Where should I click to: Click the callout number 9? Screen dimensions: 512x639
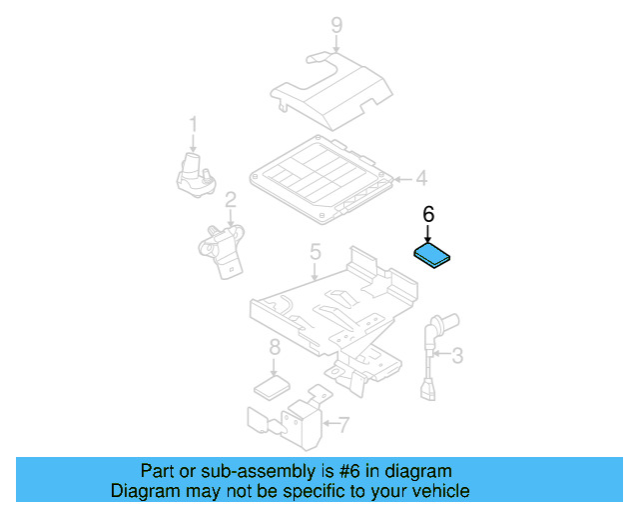[336, 25]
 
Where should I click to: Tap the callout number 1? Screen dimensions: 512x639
[194, 125]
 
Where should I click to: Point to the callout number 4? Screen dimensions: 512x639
[420, 180]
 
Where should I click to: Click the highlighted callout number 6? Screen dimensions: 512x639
[428, 214]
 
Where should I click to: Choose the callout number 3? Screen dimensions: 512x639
[457, 355]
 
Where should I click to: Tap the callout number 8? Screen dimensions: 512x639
[274, 348]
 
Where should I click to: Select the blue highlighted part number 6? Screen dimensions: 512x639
[434, 255]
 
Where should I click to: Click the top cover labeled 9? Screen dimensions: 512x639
[329, 95]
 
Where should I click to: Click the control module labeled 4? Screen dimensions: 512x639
[319, 180]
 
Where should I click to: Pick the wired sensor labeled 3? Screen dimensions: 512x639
[432, 360]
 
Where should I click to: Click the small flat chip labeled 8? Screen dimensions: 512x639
[272, 386]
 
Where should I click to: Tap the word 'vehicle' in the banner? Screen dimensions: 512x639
[440, 491]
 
